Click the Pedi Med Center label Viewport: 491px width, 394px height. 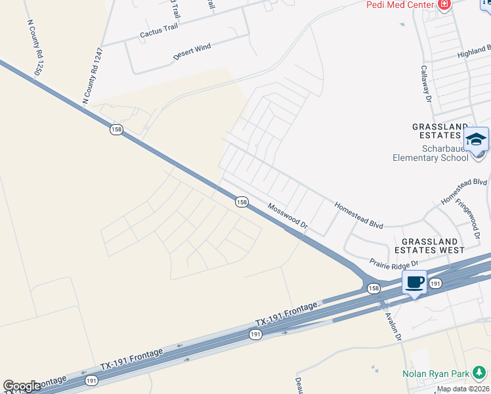(x=400, y=4)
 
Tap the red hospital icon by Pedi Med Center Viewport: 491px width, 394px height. (x=444, y=4)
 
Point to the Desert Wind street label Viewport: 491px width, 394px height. (x=192, y=52)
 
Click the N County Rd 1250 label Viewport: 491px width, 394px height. (x=35, y=47)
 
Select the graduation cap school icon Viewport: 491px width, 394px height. (x=477, y=139)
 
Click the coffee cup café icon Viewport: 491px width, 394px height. (x=414, y=282)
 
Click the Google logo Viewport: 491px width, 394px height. (x=22, y=386)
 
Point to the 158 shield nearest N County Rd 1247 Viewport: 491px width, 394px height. (x=116, y=130)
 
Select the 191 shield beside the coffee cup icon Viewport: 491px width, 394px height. (x=435, y=283)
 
